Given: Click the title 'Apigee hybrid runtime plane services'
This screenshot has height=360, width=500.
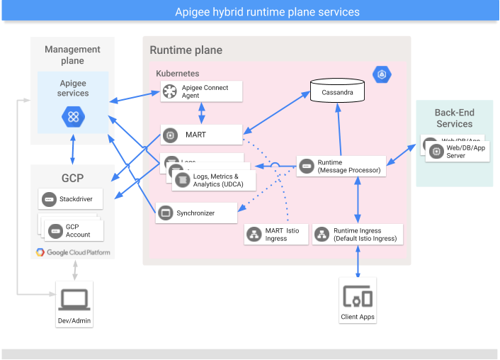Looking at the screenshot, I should click(x=267, y=12).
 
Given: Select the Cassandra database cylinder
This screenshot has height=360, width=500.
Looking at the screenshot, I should click(x=338, y=94).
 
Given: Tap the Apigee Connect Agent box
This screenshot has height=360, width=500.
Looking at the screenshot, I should click(x=201, y=91).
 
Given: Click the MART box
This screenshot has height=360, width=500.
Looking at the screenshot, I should click(x=201, y=135).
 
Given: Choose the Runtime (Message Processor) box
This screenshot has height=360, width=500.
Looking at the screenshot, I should click(x=341, y=167).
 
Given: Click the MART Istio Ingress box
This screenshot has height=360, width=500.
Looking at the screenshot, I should click(x=273, y=235).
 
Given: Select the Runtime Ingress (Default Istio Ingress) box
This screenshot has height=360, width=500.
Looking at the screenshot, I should click(x=357, y=235).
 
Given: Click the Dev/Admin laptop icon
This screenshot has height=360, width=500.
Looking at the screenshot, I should click(x=74, y=300).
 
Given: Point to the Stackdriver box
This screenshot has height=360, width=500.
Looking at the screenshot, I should click(x=71, y=200).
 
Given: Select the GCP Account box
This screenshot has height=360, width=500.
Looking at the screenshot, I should click(x=75, y=230).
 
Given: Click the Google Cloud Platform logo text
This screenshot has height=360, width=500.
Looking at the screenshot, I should click(x=74, y=252).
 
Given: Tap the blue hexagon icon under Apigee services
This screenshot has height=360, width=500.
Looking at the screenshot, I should click(x=73, y=116).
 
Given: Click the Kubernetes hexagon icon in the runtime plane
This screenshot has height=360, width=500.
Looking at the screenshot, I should click(x=382, y=73).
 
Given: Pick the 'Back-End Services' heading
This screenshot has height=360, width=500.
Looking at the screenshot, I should click(x=454, y=118).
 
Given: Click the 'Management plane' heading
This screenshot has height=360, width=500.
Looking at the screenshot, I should click(x=73, y=55).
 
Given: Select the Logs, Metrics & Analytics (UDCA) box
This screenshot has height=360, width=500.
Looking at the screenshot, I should click(x=213, y=180).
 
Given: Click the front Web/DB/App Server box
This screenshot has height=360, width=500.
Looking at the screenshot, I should click(x=458, y=151).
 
